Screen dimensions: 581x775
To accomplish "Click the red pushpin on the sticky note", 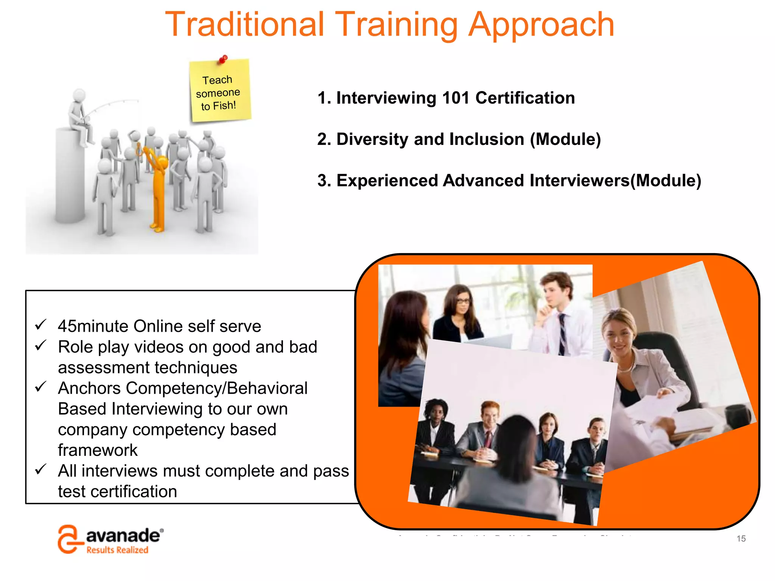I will [223, 59].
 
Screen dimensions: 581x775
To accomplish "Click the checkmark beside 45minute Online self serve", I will [40, 325].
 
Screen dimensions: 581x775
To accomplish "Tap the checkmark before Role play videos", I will [40, 345].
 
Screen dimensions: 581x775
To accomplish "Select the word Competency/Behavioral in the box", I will [216, 388].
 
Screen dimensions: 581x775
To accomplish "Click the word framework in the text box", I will [98, 450].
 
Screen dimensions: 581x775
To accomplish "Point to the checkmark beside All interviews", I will [40, 469].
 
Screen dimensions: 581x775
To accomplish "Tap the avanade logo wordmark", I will [123, 536].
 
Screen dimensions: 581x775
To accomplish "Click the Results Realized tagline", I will [117, 550].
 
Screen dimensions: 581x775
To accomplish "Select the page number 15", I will [741, 539].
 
